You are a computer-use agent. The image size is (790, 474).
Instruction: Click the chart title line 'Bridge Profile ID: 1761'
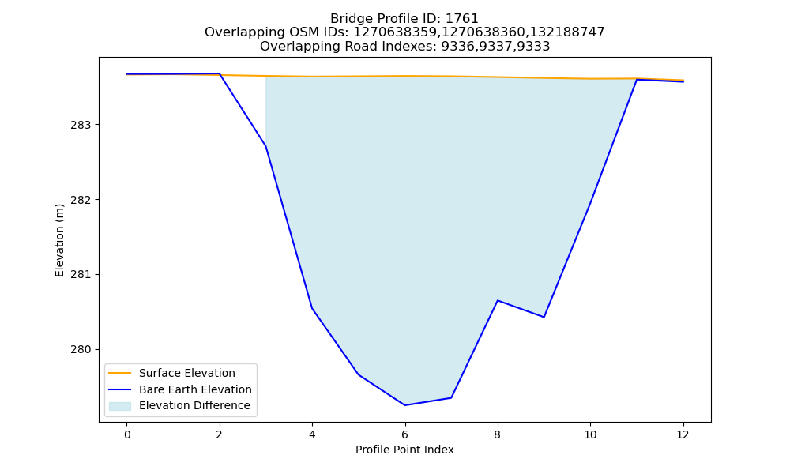click(404, 19)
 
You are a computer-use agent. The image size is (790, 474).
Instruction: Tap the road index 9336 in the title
click(456, 47)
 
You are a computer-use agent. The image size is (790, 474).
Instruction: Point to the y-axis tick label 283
click(81, 125)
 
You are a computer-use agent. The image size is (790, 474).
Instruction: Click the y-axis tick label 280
click(81, 350)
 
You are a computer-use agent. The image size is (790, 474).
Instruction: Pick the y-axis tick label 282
click(81, 200)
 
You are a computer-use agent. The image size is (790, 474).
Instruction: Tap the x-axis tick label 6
click(404, 434)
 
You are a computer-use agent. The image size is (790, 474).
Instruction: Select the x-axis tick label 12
click(683, 434)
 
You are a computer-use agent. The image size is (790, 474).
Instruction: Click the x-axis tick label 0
click(127, 434)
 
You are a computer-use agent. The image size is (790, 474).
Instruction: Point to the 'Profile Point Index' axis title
click(404, 450)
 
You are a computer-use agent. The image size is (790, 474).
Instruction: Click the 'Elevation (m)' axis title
click(60, 240)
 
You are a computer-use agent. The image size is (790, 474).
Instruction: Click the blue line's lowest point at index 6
click(404, 405)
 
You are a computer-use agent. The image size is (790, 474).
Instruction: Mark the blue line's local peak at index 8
click(497, 300)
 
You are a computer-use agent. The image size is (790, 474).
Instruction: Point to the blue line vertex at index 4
click(312, 308)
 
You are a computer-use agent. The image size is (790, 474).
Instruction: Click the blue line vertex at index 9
click(544, 317)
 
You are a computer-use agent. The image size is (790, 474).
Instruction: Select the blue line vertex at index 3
click(265, 146)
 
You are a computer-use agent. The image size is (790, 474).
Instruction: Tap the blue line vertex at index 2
click(219, 73)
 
